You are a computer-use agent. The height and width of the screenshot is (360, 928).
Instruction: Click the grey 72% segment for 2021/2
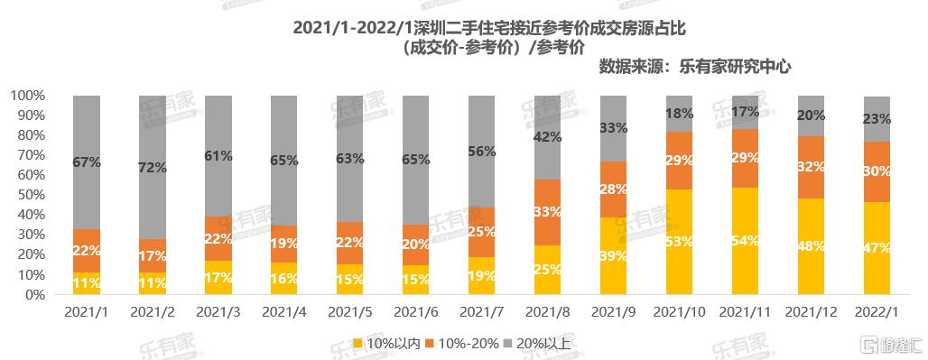[152, 167]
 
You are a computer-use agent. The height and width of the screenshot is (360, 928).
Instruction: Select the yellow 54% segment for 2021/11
[745, 241]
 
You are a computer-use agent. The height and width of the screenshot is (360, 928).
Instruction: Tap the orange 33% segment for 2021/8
[547, 212]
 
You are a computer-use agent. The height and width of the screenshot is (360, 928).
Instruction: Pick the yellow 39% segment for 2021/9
[613, 256]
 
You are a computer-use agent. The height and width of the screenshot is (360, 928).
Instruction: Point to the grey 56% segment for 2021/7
[482, 152]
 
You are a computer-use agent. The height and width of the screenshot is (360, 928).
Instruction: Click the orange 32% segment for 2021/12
[811, 167]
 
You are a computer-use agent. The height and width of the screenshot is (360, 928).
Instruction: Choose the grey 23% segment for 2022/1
[877, 119]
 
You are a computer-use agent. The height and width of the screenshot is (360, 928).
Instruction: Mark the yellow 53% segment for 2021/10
[680, 242]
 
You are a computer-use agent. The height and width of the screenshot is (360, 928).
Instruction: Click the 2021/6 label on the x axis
[415, 312]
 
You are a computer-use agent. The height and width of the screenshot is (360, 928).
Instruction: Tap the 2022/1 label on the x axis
[877, 312]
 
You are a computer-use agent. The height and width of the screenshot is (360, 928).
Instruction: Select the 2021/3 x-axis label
[218, 312]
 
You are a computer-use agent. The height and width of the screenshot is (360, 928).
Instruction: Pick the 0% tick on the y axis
[34, 294]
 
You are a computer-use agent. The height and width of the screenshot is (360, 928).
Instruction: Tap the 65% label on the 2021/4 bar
[283, 161]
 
